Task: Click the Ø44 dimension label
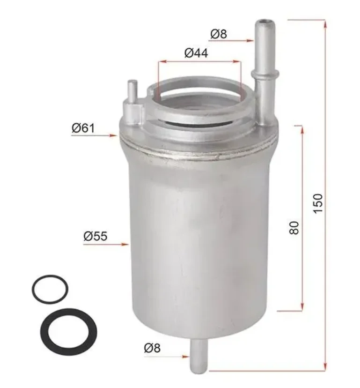pyautogui.click(x=196, y=53)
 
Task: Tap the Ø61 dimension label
pyautogui.click(x=83, y=128)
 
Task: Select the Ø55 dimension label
pyautogui.click(x=96, y=236)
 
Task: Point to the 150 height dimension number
pyautogui.click(x=318, y=203)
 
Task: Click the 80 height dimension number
pyautogui.click(x=294, y=228)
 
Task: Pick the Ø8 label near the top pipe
pyautogui.click(x=219, y=34)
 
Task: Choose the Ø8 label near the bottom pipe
pyautogui.click(x=152, y=348)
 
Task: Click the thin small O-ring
pyautogui.click(x=50, y=276)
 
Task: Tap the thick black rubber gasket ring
pyautogui.click(x=69, y=311)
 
